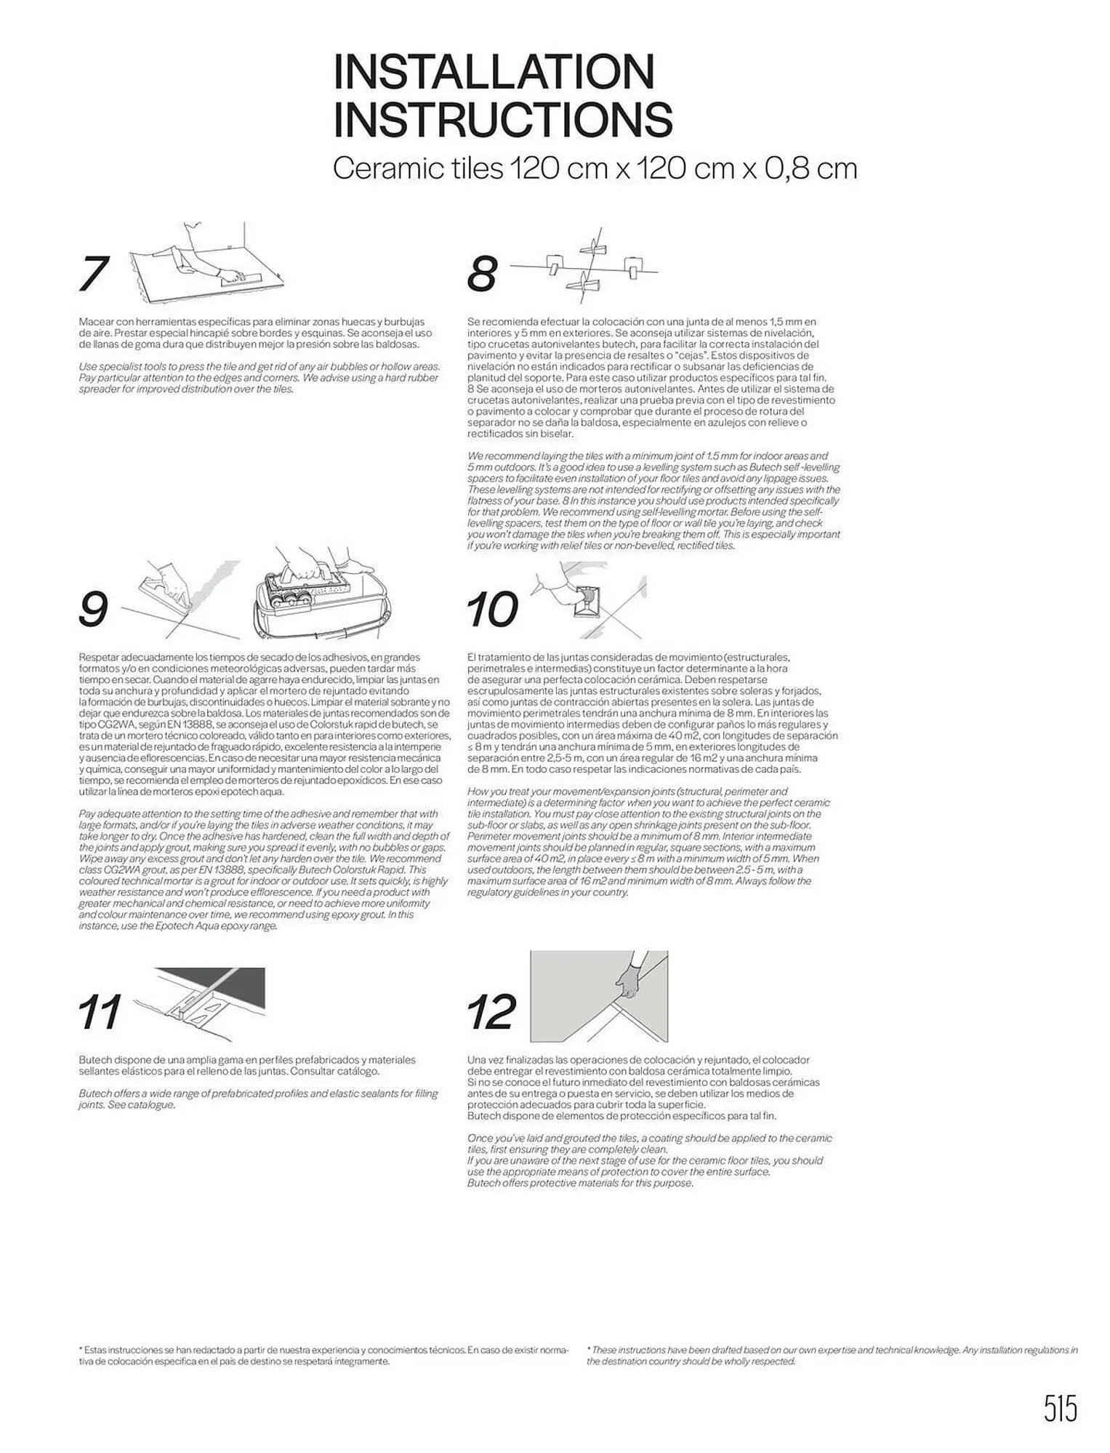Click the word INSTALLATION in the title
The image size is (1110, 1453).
point(494,72)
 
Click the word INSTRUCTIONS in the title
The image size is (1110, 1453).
point(502,120)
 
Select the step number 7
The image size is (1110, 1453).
point(94,274)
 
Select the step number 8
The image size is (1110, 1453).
point(482,274)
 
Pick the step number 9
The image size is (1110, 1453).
point(93,609)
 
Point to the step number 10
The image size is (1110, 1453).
point(492,609)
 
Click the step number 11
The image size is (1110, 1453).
point(100,1012)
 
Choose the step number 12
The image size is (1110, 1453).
point(491,1012)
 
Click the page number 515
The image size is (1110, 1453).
point(1061,1409)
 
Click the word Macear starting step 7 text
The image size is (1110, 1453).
point(96,321)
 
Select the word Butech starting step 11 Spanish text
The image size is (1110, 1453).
point(94,1060)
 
